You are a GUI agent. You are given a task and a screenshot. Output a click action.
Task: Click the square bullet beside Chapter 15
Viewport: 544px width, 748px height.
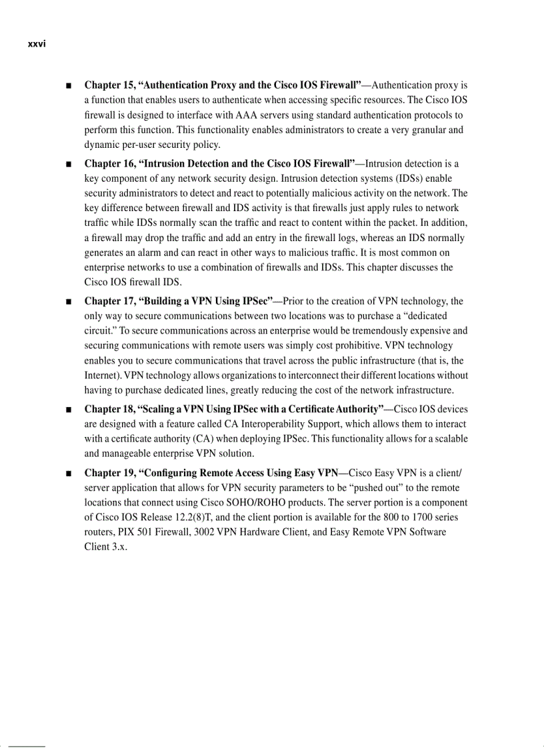[x=69, y=86]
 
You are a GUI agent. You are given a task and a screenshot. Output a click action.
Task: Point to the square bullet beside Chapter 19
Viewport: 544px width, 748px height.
[x=69, y=474]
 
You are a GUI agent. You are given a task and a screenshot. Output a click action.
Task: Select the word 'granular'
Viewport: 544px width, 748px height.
[x=427, y=129]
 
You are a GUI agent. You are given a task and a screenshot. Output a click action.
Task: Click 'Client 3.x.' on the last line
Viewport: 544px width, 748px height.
[x=105, y=546]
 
